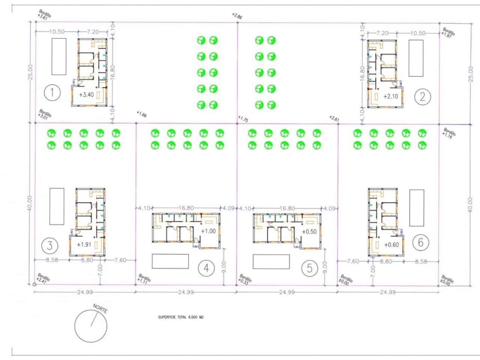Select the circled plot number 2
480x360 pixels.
pos(423,97)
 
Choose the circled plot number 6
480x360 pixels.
pos(420,242)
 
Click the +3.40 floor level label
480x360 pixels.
pos(86,95)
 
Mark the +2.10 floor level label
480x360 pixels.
pos(390,96)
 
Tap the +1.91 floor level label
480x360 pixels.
pos(84,244)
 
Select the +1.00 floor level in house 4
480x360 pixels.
pos(208,231)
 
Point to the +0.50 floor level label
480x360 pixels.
pos(309,232)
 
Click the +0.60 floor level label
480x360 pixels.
pos(391,245)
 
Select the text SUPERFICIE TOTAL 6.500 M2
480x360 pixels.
pos(181,317)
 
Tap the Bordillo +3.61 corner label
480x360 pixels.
pos(44,15)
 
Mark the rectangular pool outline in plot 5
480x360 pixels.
pos(271,261)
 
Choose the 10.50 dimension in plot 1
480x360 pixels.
pos(56,32)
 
